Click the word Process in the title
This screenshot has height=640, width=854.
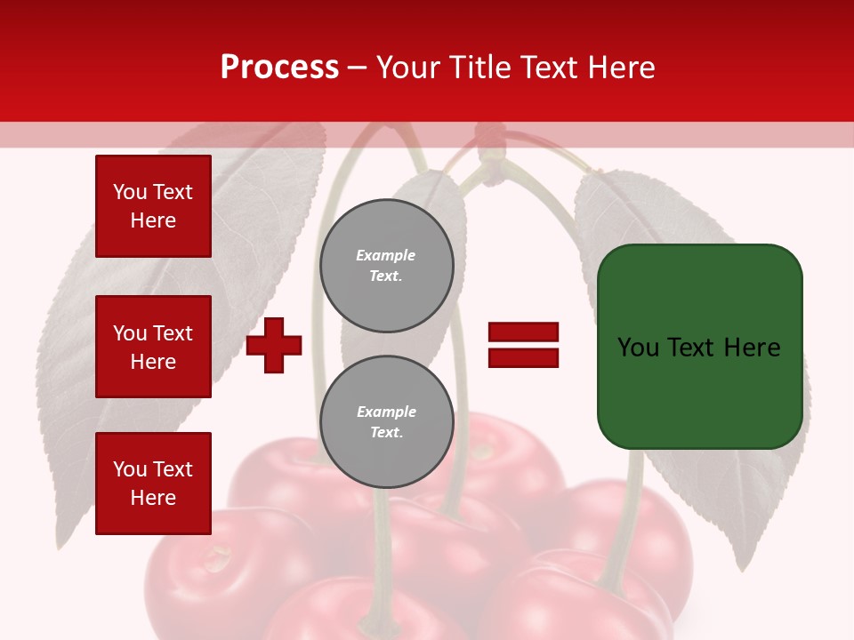[279, 68]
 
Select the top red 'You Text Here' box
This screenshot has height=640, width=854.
[153, 206]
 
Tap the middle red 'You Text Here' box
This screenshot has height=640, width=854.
[153, 347]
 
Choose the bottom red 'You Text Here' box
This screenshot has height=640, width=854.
[153, 484]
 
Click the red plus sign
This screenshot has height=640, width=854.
[274, 346]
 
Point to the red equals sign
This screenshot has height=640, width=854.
[523, 345]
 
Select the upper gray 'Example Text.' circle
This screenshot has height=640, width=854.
[387, 266]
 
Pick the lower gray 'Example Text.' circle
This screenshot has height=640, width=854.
[387, 422]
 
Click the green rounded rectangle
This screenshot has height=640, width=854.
[699, 347]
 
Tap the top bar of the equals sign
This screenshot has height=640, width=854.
[523, 332]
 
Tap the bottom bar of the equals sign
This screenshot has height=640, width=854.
[523, 357]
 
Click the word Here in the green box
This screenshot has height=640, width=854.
[752, 348]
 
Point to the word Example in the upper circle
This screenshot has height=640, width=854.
[386, 255]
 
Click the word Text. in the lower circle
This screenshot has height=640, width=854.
[387, 433]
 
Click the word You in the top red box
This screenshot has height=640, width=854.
[129, 192]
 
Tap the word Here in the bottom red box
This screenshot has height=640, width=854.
[153, 498]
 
